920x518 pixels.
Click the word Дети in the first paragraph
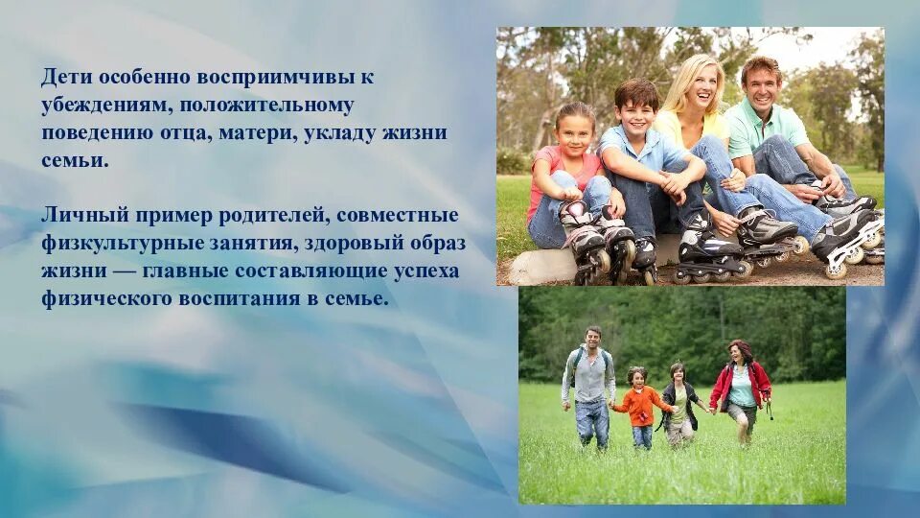coord(63,76)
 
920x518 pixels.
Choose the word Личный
coord(74,215)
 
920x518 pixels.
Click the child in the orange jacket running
coord(638,403)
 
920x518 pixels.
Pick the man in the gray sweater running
coord(590,384)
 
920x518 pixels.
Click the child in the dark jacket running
coord(679,403)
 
